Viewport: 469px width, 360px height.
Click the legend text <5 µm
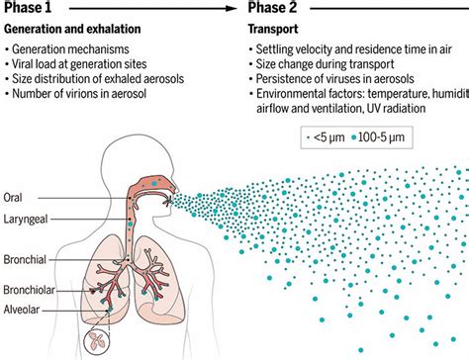click(330, 132)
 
